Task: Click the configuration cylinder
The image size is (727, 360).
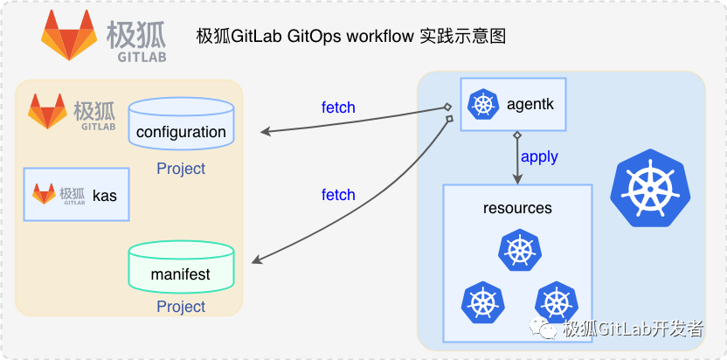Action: [181, 127]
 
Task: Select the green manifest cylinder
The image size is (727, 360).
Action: [181, 268]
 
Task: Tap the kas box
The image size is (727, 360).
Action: [76, 194]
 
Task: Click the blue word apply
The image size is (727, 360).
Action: [539, 157]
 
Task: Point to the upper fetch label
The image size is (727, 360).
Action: [338, 107]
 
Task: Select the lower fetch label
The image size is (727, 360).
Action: [338, 195]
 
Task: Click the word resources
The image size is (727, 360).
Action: [517, 208]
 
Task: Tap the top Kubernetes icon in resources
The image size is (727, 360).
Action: [517, 251]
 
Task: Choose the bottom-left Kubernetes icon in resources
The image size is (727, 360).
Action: [482, 302]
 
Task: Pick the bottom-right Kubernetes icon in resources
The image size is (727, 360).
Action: [555, 302]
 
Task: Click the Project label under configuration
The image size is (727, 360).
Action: [181, 169]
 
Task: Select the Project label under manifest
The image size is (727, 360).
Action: [181, 307]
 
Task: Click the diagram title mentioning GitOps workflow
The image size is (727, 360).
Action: [351, 37]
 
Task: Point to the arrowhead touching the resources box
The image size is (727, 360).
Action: [517, 179]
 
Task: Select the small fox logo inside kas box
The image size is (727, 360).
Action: [45, 194]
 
